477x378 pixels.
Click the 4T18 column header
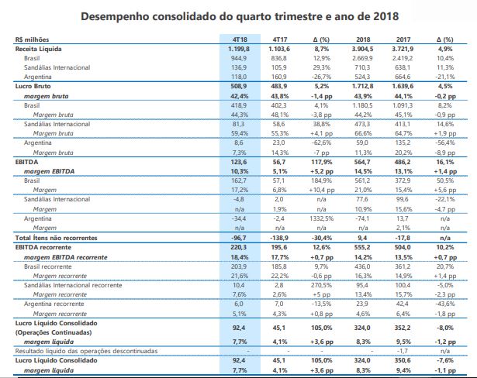point(240,40)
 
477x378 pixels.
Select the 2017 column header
point(403,40)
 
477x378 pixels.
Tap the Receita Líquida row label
point(38,49)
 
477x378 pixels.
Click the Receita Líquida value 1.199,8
point(239,49)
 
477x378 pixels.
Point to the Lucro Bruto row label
point(33,86)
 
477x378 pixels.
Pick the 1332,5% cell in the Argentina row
point(322,218)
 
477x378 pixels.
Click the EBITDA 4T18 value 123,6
point(239,162)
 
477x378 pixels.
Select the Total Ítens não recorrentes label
point(57,238)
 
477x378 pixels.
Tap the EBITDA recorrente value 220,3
point(239,247)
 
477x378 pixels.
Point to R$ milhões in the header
point(32,40)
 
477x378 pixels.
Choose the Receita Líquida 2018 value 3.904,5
point(363,49)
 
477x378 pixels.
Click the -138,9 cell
point(279,238)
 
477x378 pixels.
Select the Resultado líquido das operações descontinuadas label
point(86,351)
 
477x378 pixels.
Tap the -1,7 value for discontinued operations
point(403,351)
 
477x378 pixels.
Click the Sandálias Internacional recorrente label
point(73,285)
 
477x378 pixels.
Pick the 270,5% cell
point(322,285)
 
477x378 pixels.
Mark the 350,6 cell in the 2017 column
point(403,360)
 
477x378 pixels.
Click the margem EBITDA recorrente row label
point(66,257)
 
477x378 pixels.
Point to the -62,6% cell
point(322,143)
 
